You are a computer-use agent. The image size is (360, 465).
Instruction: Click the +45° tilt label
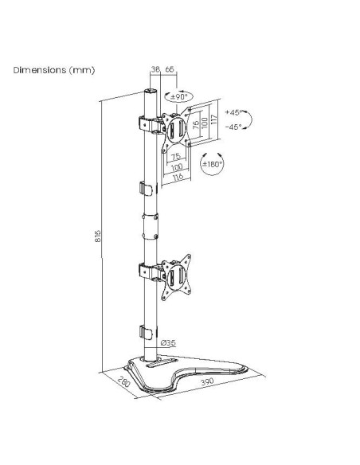click(x=233, y=113)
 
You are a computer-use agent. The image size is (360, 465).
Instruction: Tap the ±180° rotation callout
click(x=212, y=164)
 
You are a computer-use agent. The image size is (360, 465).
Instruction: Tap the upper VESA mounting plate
click(x=178, y=126)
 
